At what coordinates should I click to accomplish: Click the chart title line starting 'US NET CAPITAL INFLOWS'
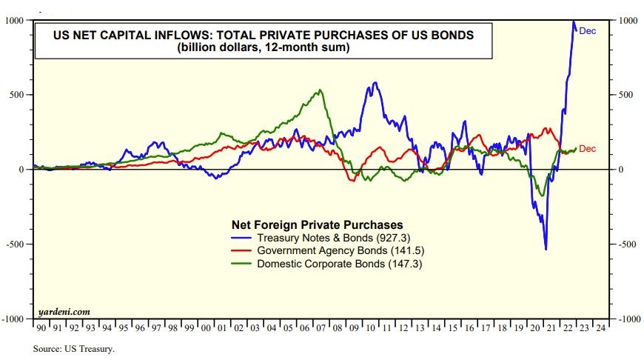click(x=262, y=35)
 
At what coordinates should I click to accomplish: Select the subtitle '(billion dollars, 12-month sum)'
click(x=262, y=48)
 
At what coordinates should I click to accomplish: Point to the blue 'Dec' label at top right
click(x=587, y=31)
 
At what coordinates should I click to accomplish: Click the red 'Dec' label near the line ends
click(x=587, y=149)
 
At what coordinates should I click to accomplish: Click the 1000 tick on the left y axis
click(x=15, y=21)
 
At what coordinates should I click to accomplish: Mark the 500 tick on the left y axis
click(x=18, y=95)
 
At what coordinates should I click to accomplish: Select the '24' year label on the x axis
click(x=600, y=327)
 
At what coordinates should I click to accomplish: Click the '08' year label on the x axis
click(x=336, y=327)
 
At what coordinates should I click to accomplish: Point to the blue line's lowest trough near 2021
click(x=546, y=250)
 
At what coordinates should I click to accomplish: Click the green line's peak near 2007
click(x=319, y=90)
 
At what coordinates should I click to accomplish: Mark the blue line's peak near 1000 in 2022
click(x=574, y=23)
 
